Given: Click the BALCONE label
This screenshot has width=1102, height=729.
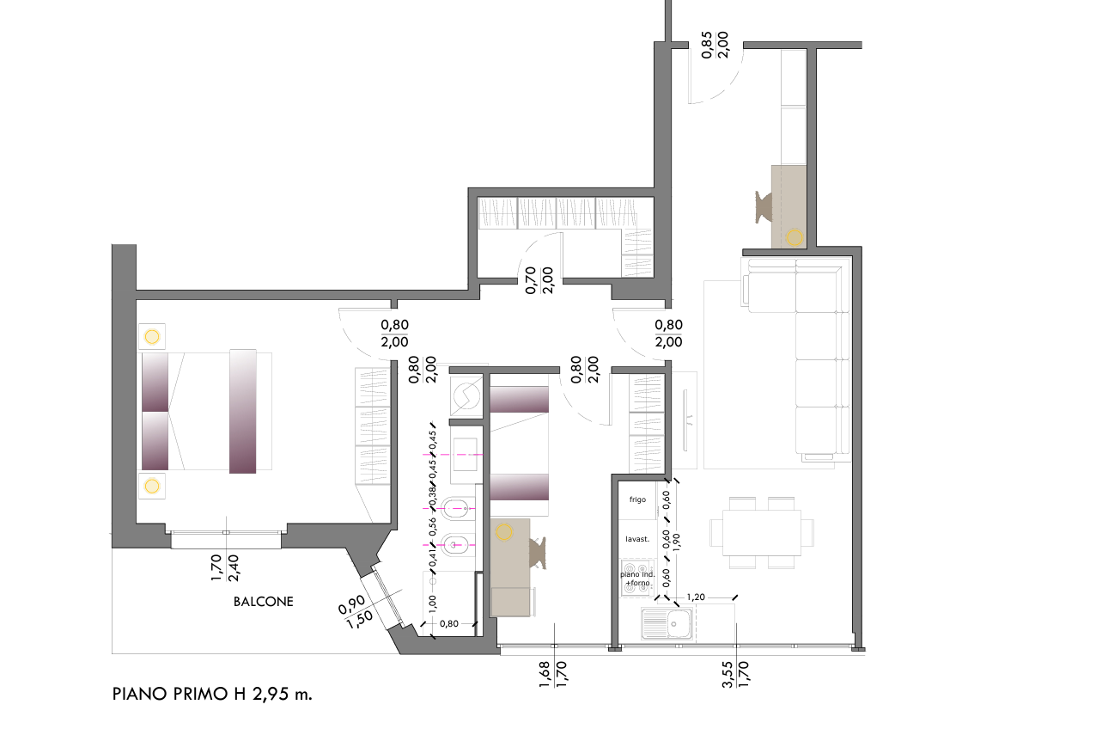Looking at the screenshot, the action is click(263, 602).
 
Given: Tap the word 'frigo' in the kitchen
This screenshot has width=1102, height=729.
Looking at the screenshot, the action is click(637, 499).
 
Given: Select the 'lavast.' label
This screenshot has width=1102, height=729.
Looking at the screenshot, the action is click(637, 539).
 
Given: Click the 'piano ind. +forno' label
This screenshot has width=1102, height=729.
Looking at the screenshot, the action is click(637, 579).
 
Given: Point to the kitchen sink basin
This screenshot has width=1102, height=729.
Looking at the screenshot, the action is click(678, 623).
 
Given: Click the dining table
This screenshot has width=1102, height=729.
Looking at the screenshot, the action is click(762, 533).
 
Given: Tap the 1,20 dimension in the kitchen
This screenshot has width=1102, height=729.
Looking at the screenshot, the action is click(696, 597).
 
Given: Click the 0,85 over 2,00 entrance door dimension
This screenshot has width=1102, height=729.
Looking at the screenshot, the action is click(715, 45).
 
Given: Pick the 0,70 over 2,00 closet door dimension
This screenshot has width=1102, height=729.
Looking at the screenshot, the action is click(539, 280).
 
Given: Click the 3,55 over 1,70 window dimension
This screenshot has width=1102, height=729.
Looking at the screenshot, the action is click(735, 674).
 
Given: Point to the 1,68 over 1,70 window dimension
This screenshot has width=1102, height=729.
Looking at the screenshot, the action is click(553, 674).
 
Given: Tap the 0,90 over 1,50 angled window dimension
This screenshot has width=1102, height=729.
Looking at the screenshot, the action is click(356, 612).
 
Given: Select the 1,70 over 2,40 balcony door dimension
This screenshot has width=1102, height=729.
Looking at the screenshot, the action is click(225, 567).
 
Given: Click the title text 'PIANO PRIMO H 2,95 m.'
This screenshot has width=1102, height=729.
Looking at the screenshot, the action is click(212, 694).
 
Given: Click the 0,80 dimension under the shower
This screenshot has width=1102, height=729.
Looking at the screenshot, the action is click(448, 623).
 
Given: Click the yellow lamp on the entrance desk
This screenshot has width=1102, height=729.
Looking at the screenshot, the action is click(794, 238).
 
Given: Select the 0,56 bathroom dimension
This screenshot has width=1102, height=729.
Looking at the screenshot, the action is click(432, 527).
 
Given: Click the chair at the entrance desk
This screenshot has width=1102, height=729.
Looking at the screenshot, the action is click(764, 207).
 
